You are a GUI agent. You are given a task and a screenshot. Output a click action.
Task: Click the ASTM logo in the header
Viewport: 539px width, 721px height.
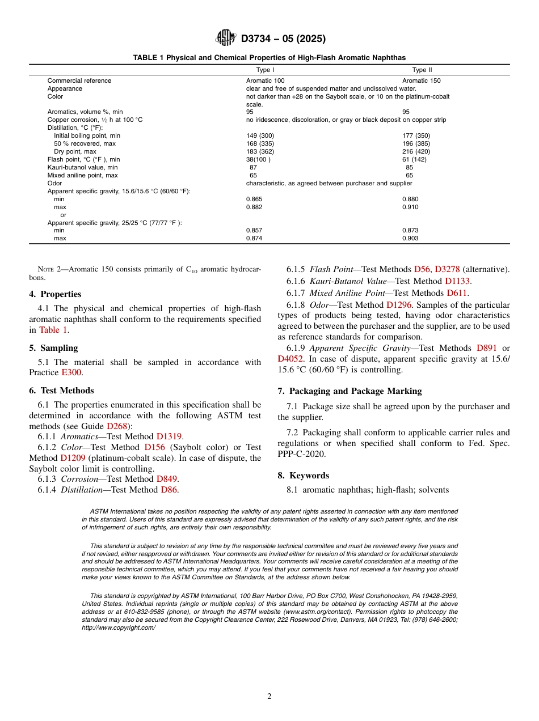pos(226,38)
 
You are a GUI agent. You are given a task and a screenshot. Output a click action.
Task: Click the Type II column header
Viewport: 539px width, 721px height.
pos(422,70)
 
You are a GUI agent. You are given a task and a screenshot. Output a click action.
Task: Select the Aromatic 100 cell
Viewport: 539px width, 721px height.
pos(265,80)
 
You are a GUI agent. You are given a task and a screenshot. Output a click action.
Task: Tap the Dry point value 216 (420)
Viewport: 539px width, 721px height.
pos(416,152)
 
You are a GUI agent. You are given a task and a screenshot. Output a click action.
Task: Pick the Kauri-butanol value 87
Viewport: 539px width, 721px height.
pos(253,168)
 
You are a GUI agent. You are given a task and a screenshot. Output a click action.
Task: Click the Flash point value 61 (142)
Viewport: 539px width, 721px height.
pos(414,160)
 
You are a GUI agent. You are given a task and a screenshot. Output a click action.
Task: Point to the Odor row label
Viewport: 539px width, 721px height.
pos(54,184)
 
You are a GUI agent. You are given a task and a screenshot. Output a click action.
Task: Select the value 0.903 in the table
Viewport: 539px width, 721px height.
pos(410,239)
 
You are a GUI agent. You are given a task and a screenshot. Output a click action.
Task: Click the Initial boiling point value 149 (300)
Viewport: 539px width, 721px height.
pos(260,136)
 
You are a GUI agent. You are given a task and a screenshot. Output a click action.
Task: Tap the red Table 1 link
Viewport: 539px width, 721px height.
pos(53,330)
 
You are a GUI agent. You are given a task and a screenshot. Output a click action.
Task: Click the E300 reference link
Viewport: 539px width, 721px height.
pos(71,372)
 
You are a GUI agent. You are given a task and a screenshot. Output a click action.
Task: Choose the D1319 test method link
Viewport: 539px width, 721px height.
pos(169,436)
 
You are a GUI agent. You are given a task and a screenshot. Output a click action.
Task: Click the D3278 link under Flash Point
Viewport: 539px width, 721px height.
pos(447,269)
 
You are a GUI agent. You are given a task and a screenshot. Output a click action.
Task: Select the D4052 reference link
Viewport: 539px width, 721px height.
pos(290,359)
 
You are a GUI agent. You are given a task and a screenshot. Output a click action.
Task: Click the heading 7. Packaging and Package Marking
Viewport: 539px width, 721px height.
pos(349,391)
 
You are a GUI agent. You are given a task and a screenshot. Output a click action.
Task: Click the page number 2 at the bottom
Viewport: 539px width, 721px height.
pos(269,697)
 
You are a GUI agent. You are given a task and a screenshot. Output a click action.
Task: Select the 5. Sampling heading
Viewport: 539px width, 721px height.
pos(53,348)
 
